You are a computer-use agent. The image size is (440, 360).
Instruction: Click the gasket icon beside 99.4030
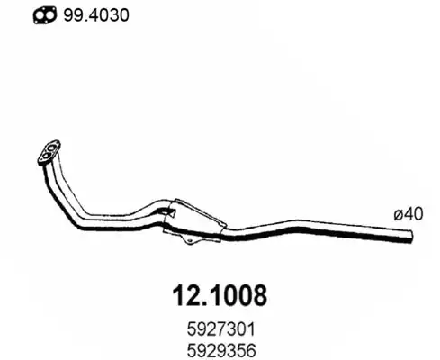pyautogui.click(x=45, y=15)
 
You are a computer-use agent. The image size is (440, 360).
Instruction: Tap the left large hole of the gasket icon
pyautogui.click(x=40, y=16)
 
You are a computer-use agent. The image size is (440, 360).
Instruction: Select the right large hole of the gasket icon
pyautogui.click(x=49, y=15)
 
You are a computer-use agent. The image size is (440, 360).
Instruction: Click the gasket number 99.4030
pyautogui.click(x=96, y=15)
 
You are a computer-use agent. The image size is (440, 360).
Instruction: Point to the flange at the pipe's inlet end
pyautogui.click(x=49, y=152)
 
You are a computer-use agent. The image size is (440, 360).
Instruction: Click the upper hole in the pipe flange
pyautogui.click(x=52, y=148)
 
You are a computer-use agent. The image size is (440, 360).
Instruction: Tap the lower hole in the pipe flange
pyautogui.click(x=46, y=156)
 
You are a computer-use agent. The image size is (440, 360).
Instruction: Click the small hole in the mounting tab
pyautogui.click(x=189, y=240)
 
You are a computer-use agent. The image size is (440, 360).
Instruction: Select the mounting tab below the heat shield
pyautogui.click(x=188, y=239)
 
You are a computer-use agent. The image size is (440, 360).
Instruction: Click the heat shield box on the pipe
pyautogui.click(x=194, y=219)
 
